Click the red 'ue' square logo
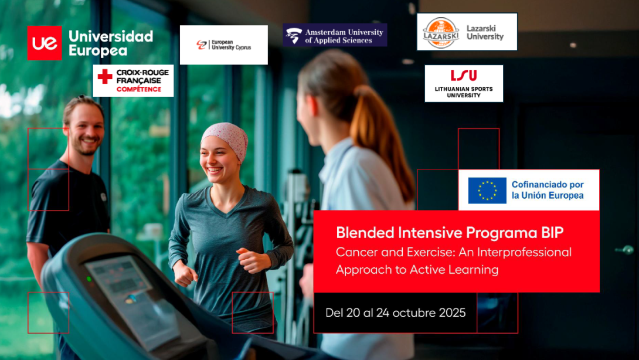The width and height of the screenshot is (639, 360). pos(45,43)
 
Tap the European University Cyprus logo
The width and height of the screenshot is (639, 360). pos(224,45)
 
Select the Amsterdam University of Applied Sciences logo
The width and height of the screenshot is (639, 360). pos(335,35)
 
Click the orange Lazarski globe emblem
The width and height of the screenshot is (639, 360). pos(440,32)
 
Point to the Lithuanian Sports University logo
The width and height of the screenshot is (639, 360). pos(464,84)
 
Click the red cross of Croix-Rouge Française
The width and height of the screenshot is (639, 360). pos(105,76)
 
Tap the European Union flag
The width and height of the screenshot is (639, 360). pos(487,191)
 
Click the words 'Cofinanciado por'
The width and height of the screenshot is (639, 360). pos(548,185)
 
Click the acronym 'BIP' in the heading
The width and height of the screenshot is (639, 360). pos(552,233)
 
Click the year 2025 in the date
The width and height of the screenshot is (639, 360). pos(453,313)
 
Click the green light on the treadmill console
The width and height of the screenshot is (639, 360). pos(89,279)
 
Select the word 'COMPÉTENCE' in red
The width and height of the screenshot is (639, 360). pos(139,89)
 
